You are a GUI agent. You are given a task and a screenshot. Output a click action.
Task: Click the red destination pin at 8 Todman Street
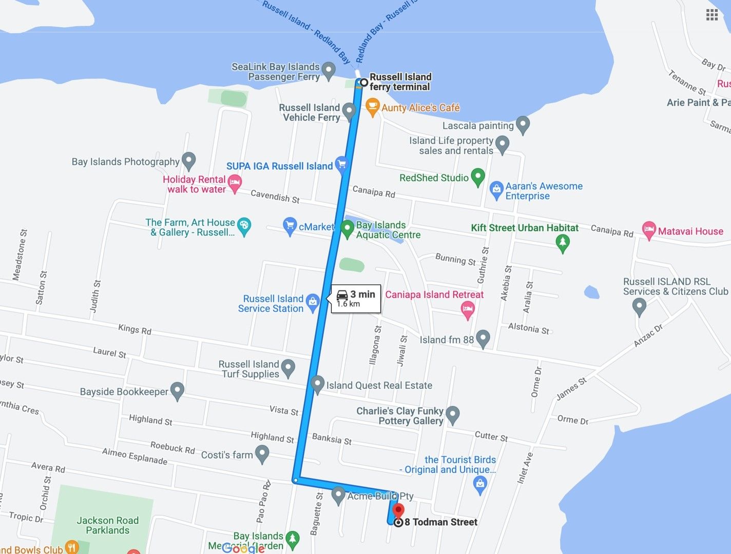point(398,511)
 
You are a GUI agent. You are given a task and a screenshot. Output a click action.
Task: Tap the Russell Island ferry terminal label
point(400,82)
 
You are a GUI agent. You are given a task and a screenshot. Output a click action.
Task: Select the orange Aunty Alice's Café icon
point(372,107)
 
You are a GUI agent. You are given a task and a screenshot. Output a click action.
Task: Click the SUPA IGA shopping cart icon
point(341,164)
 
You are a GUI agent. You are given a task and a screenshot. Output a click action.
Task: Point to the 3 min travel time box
point(356,298)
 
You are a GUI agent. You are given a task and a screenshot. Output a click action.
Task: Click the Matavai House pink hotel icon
point(649,230)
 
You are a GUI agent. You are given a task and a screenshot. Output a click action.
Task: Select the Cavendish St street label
point(275,196)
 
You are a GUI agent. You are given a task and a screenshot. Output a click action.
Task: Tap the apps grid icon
point(712,15)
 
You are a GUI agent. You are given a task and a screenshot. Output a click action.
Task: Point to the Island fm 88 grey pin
point(483,339)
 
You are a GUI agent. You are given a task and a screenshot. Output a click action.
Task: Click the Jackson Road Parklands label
point(108,525)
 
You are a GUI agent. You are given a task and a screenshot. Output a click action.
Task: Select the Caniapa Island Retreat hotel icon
point(467,309)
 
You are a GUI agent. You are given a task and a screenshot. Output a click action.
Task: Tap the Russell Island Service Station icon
point(312,303)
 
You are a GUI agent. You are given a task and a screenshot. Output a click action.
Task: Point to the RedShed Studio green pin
point(478,177)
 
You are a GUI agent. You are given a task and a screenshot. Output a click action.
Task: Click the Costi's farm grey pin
point(262,453)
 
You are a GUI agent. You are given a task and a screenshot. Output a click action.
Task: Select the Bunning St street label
point(455,259)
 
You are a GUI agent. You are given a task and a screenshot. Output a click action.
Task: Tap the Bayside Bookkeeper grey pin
point(177,391)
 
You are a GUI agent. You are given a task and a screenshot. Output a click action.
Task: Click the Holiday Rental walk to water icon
point(235,183)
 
